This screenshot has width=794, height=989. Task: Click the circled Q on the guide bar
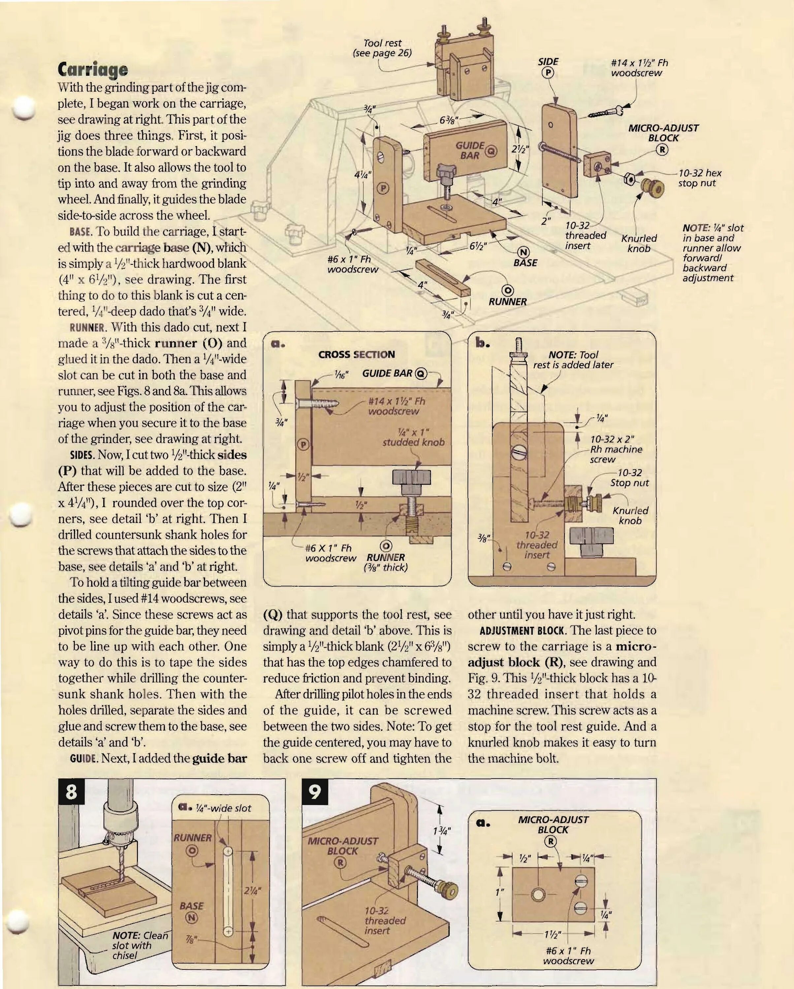click(x=491, y=150)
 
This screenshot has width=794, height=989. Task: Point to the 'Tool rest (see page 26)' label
click(x=382, y=48)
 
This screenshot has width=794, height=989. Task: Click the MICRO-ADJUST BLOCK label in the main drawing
click(x=663, y=133)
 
